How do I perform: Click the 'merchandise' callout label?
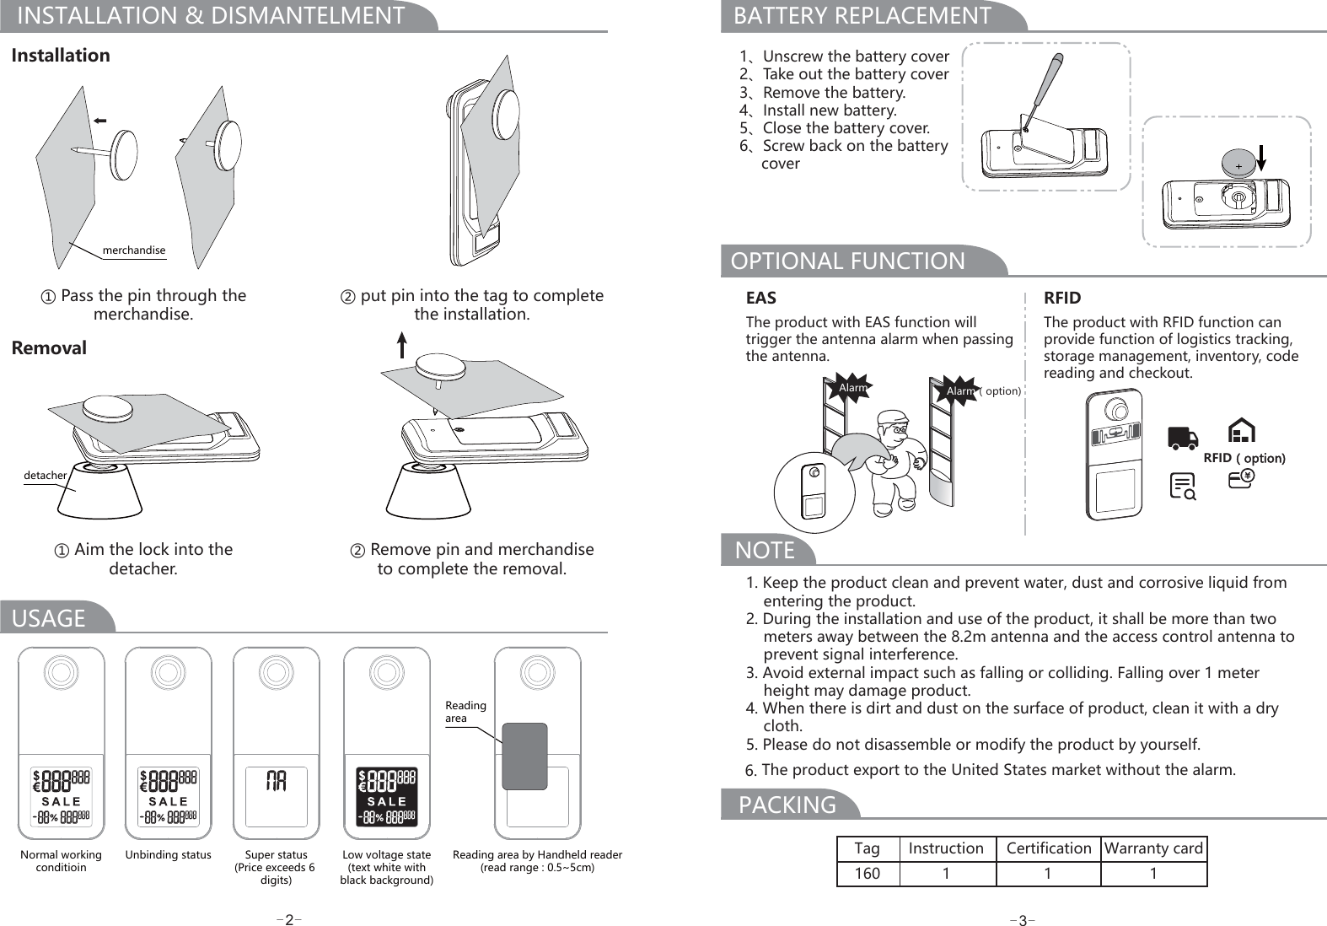point(133,250)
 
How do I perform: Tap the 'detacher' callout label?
point(45,476)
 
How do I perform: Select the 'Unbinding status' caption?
point(169,854)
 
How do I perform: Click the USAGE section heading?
point(49,618)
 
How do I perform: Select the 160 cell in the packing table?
point(868,874)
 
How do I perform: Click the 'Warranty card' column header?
point(1153,848)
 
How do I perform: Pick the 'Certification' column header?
point(1048,848)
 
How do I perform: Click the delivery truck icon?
point(1183,438)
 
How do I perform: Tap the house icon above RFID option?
point(1241,430)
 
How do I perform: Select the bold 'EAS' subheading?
point(761,298)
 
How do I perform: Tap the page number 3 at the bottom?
point(1022,920)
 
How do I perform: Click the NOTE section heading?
point(766,551)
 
